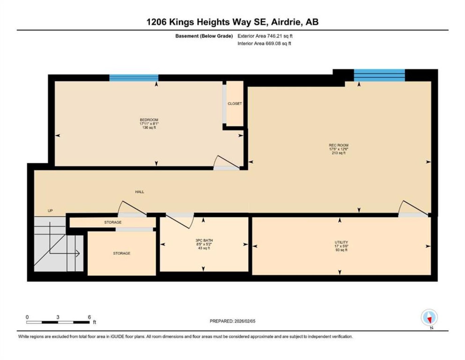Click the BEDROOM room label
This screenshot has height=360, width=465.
149,120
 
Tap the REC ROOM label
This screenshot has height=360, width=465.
338,145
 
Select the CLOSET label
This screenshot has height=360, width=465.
234,103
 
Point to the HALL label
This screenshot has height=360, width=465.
140,192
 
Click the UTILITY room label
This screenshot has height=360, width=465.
341,242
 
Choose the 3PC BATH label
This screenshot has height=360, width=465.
204,240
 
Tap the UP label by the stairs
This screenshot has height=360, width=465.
50,211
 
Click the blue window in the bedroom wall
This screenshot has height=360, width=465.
134,78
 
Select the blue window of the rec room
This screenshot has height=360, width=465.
379,75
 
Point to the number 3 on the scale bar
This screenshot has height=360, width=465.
58,317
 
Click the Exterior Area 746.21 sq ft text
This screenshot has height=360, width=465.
265,36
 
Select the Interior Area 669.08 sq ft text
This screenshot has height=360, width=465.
264,43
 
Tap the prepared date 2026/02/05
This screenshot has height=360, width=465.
244,321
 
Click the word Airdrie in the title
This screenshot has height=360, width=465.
287,22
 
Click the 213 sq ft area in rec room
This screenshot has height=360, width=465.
338,153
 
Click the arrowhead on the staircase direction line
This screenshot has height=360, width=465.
78,254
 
